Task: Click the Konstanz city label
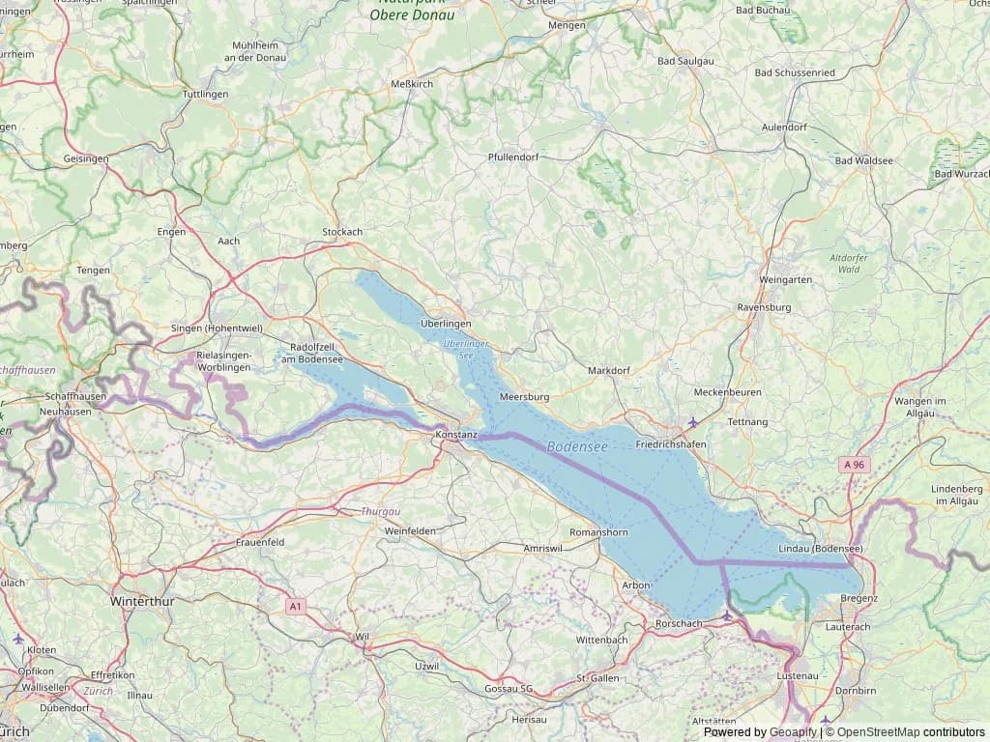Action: coord(457,435)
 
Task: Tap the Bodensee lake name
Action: coord(577,447)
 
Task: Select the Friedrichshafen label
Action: coord(670,443)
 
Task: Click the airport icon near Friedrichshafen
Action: coord(692,422)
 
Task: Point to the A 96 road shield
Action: coord(854,465)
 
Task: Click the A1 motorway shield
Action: coord(296,607)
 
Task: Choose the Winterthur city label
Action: coord(143,601)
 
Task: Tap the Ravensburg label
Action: coord(764,307)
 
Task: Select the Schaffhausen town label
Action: coord(75,396)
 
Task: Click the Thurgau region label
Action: coord(380,510)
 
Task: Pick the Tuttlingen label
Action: coord(205,94)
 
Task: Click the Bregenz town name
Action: coord(859,598)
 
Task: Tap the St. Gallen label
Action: coord(597,678)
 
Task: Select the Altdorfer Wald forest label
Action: coord(850,263)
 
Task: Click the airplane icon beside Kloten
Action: coord(18,638)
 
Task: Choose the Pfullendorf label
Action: coord(513,157)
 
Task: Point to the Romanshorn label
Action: coord(599,532)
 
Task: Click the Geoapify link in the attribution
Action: coord(792,732)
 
